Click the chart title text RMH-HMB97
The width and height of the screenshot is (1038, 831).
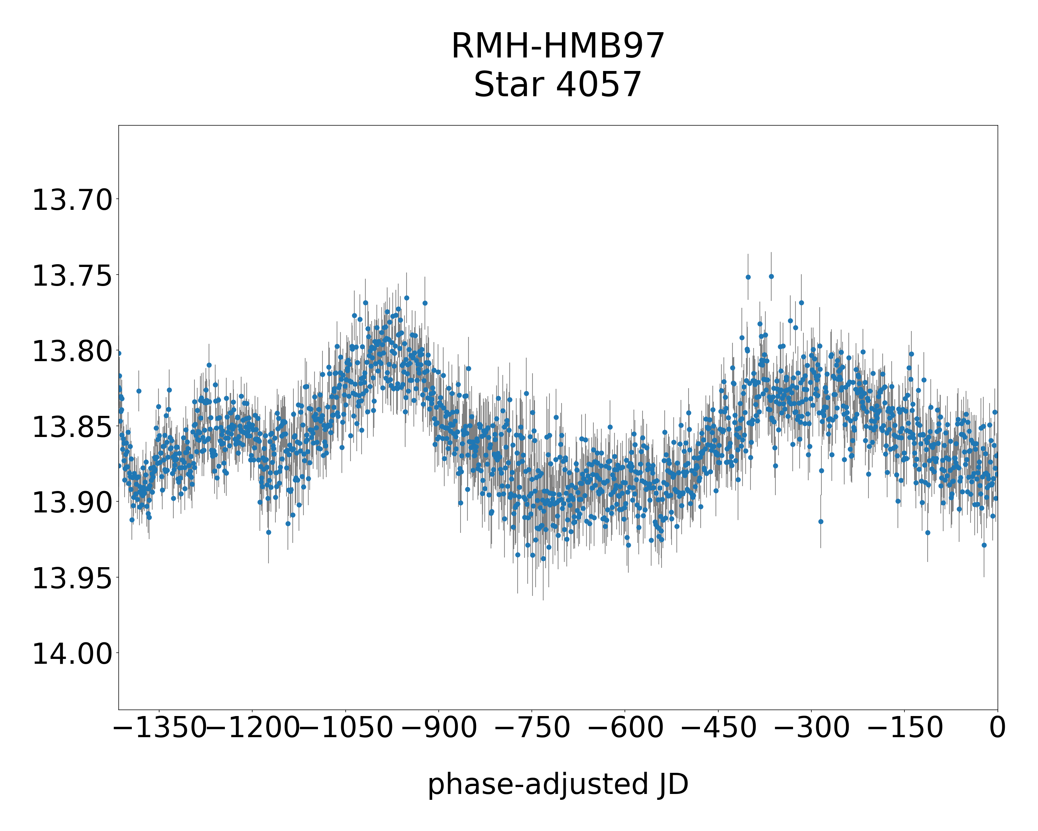[x=557, y=46]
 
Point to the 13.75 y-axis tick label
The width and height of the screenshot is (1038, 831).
[x=72, y=276]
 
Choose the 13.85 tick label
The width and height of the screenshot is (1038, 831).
[x=72, y=427]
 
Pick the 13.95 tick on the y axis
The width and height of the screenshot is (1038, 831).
[x=72, y=578]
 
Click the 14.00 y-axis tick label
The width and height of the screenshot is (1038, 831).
[x=72, y=654]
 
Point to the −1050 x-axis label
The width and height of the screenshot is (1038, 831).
[x=346, y=727]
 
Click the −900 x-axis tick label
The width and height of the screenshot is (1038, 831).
[x=439, y=727]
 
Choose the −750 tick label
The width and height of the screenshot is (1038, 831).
[x=532, y=727]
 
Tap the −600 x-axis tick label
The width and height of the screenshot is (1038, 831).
[x=625, y=727]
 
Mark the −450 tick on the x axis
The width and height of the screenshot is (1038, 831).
[x=718, y=727]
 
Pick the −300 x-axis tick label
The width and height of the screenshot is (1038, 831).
[x=811, y=727]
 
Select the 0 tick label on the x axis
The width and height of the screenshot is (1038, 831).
[x=998, y=727]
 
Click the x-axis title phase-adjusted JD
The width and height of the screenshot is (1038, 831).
[x=557, y=785]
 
